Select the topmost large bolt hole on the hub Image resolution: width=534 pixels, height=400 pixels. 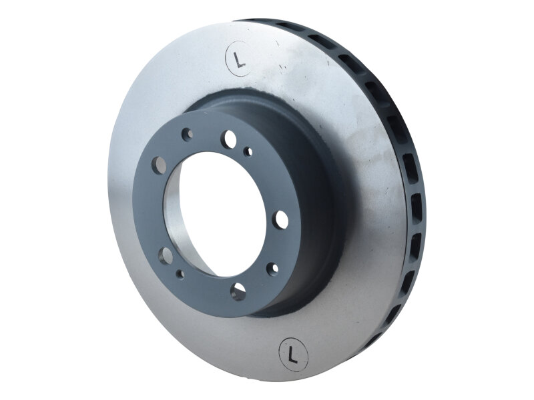(x=230, y=139)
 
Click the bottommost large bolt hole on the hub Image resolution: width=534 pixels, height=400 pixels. (x=238, y=291)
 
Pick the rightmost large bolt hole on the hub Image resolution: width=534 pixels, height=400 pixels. (x=281, y=220)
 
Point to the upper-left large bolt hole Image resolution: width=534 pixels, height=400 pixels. (x=159, y=165)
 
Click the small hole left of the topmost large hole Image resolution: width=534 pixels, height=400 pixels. (x=187, y=134)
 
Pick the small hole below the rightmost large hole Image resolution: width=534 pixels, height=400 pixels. (x=272, y=269)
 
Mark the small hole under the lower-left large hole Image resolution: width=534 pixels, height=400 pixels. (x=180, y=274)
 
